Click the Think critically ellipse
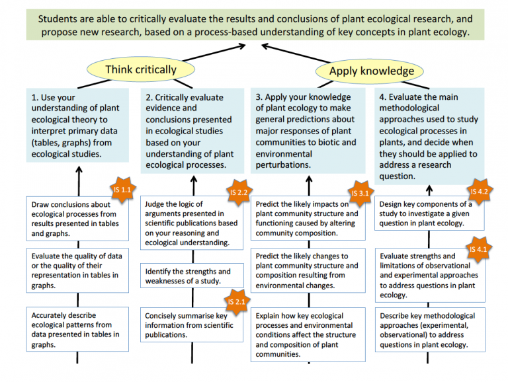[141, 69]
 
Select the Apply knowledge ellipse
[370, 71]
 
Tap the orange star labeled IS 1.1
[122, 190]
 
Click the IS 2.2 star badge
[239, 192]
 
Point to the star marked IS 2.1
[237, 302]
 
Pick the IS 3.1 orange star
[360, 194]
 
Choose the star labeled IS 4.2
[479, 192]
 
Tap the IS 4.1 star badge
[478, 249]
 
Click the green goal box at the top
[255, 25]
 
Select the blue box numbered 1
[77, 126]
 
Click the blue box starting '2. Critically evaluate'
[192, 131]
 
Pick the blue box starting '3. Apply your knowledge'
[308, 131]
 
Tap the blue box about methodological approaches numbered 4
[429, 136]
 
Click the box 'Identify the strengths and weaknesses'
[192, 276]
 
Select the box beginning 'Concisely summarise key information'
[191, 325]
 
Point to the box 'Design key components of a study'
[429, 213]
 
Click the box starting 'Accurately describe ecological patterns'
[77, 329]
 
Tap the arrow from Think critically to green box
[214, 53]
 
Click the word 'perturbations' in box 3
[283, 165]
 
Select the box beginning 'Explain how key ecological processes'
[308, 334]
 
